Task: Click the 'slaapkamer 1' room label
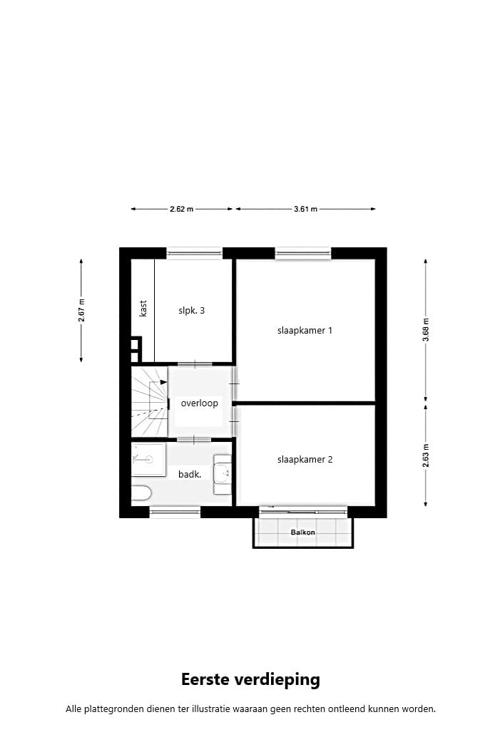pyautogui.click(x=305, y=331)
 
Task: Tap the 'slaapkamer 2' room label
pyautogui.click(x=305, y=460)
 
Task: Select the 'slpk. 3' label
pyautogui.click(x=192, y=311)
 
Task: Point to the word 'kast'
pyautogui.click(x=143, y=308)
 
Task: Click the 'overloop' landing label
pyautogui.click(x=199, y=403)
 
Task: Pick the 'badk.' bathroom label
pyautogui.click(x=189, y=473)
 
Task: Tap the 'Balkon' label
pyautogui.click(x=302, y=532)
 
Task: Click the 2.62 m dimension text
pyautogui.click(x=181, y=210)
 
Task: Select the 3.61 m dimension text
pyautogui.click(x=305, y=210)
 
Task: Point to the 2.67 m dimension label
pyautogui.click(x=81, y=311)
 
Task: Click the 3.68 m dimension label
pyautogui.click(x=426, y=331)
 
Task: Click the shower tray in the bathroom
pyautogui.click(x=148, y=460)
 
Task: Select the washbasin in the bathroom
pyautogui.click(x=223, y=474)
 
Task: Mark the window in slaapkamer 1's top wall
pyautogui.click(x=303, y=252)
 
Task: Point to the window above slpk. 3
pyautogui.click(x=194, y=252)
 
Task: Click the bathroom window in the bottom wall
pyautogui.click(x=175, y=511)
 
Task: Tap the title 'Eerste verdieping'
pyautogui.click(x=250, y=679)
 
